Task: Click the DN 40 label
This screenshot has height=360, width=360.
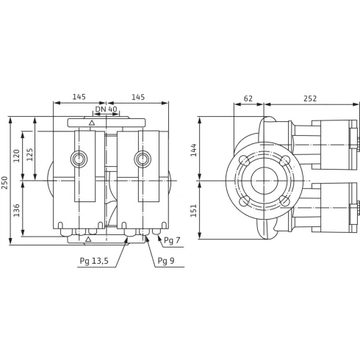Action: [107, 109]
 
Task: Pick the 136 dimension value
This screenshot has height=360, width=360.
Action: [15, 209]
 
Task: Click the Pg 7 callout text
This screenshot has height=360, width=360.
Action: [172, 240]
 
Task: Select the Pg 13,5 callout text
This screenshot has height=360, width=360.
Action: [94, 260]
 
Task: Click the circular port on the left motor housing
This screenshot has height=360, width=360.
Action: [79, 159]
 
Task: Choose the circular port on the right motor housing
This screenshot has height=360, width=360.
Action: [140, 159]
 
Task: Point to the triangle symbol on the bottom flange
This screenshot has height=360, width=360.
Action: [87, 240]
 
